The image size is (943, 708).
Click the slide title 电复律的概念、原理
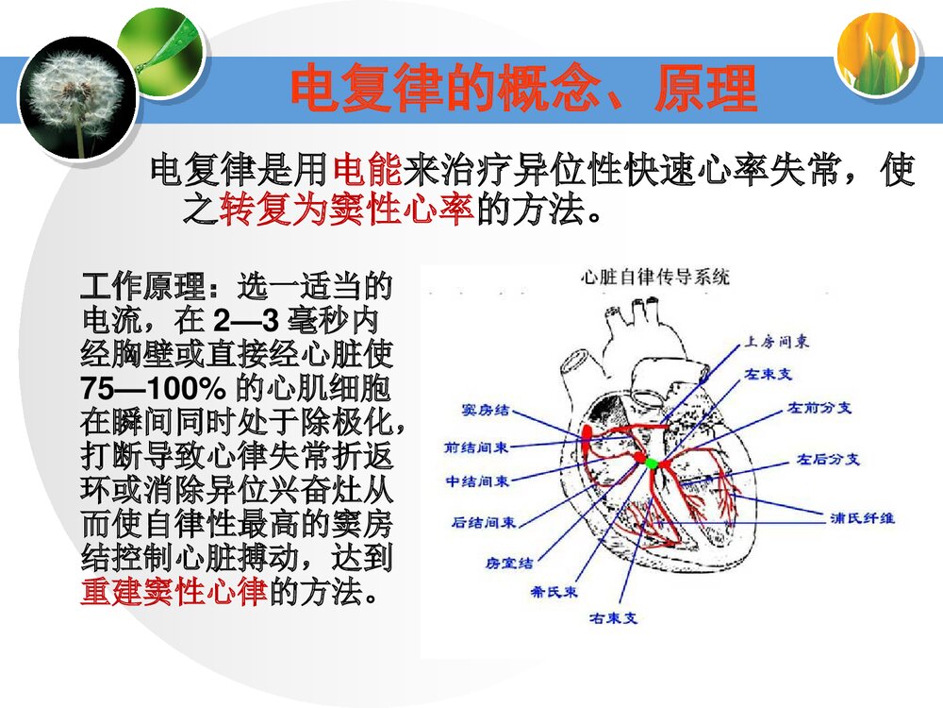click(523, 90)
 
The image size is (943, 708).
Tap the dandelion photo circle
click(77, 96)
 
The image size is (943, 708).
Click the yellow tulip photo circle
click(877, 55)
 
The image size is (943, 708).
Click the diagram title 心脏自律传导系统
click(655, 277)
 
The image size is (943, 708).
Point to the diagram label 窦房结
click(486, 410)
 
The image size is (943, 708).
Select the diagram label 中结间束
click(477, 481)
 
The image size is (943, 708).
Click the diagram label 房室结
click(509, 563)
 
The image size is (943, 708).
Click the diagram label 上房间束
click(776, 342)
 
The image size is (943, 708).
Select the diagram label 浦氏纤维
click(862, 517)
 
